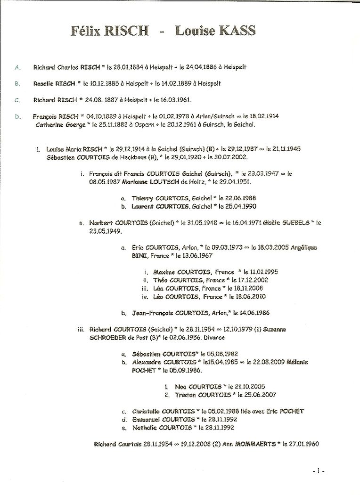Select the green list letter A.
tap(18, 67)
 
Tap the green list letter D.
tap(18, 115)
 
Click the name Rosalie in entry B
tap(43, 83)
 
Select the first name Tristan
tap(185, 395)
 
